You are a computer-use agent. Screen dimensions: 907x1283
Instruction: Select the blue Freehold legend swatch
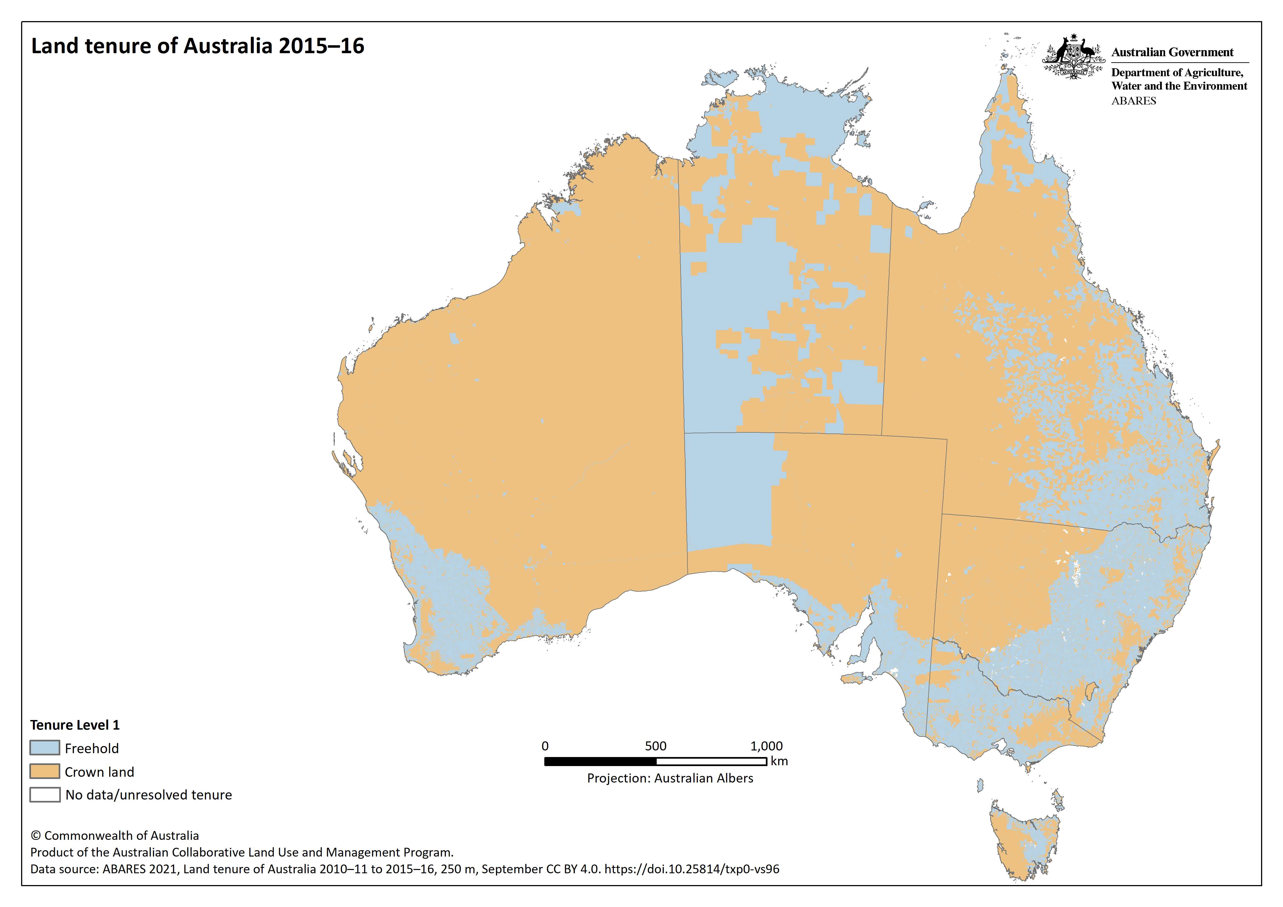(45, 748)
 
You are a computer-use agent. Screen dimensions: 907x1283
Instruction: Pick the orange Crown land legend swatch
(45, 771)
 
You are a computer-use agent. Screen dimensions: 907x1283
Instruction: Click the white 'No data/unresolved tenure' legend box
(45, 795)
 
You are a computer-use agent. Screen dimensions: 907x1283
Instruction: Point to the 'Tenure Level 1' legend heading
(75, 725)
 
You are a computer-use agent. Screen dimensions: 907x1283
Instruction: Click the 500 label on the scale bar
(655, 746)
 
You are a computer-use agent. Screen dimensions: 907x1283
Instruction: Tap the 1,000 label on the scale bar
(766, 746)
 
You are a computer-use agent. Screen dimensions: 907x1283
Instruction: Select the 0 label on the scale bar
(545, 746)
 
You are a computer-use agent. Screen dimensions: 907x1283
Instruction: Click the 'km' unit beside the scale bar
(779, 761)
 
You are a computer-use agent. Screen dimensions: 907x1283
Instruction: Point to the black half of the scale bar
(600, 761)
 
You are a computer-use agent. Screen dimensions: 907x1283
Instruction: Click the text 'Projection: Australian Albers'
(670, 778)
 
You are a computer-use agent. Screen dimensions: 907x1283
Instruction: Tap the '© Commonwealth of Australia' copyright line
(115, 835)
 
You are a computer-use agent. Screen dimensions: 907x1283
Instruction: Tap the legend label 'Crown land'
(100, 772)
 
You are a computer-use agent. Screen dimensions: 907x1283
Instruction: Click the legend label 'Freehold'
(92, 748)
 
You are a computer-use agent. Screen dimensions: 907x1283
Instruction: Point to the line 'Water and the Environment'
(1179, 86)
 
